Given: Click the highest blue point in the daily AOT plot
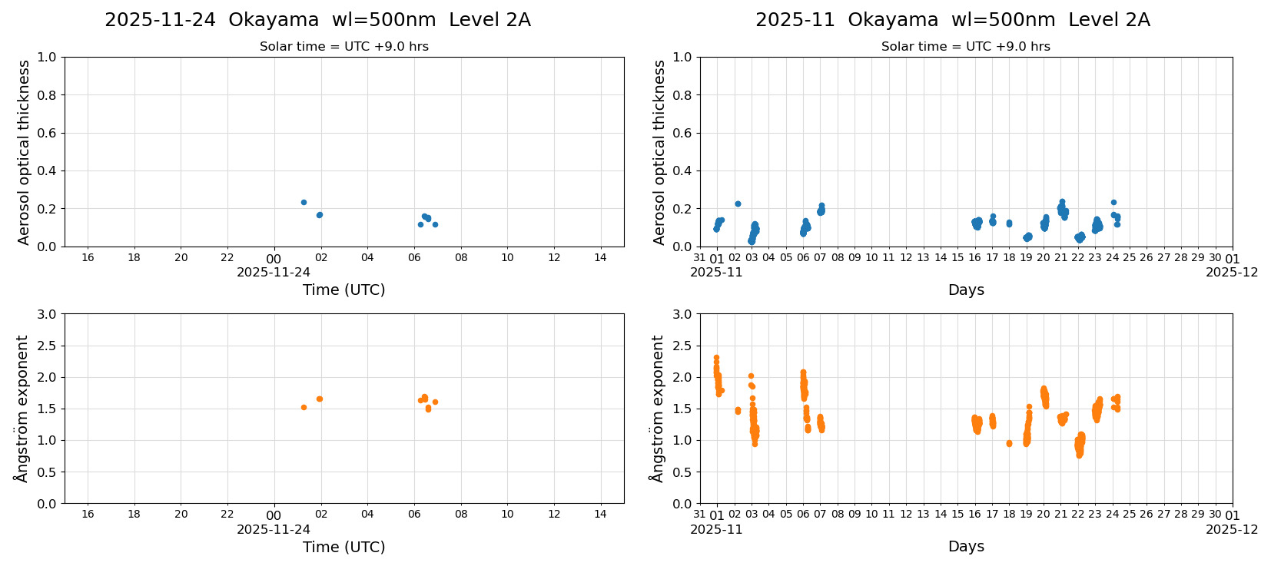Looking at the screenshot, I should (x=304, y=202).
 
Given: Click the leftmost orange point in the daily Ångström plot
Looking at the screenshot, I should (x=304, y=407).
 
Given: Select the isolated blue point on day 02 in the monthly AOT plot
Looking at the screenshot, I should (x=738, y=204).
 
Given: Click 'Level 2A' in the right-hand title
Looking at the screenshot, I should (x=1109, y=20).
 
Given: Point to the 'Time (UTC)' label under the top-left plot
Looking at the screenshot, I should (x=343, y=290).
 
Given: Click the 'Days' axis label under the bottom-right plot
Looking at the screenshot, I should (x=965, y=546).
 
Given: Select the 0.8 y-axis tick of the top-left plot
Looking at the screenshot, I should (x=47, y=95).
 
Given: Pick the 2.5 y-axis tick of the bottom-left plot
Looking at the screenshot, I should (x=47, y=346).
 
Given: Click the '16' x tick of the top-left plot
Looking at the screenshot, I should (x=88, y=257).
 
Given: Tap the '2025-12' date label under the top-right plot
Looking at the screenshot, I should (x=1231, y=272).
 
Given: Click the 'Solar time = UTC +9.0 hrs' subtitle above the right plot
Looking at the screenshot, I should (x=965, y=47).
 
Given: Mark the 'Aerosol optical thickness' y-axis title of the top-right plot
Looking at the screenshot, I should (x=659, y=152).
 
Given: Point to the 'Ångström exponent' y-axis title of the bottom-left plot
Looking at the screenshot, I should (x=22, y=408).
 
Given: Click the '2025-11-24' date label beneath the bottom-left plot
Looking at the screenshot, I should (x=274, y=529).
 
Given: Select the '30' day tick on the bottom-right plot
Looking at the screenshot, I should (x=1215, y=515).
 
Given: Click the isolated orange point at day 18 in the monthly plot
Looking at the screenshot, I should (x=1009, y=443).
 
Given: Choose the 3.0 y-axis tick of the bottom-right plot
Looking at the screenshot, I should (x=682, y=314).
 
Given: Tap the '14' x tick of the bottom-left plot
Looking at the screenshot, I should (x=600, y=514).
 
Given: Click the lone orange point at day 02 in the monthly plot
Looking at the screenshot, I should (x=738, y=411).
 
